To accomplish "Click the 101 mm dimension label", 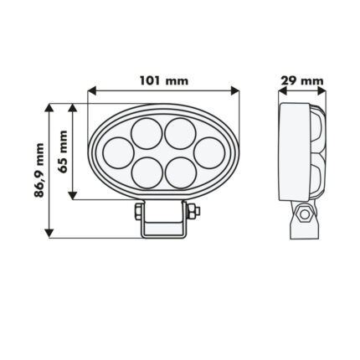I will click(164, 81).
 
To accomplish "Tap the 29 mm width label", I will click(301, 81).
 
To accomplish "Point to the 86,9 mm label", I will click(39, 170).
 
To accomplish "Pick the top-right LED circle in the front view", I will click(178, 132).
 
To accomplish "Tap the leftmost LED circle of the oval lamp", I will click(118, 152).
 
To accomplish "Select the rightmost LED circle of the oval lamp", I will click(208, 152).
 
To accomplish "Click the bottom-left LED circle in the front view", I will click(148, 171).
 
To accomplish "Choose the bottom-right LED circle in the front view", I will click(179, 171).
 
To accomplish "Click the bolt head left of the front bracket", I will click(136, 213).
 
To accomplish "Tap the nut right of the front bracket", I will click(194, 213).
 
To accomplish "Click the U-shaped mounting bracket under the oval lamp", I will click(164, 223).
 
